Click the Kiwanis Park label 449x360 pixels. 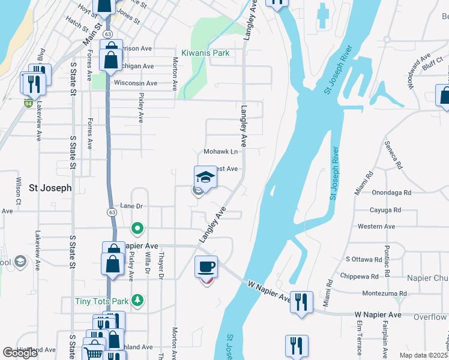tap(206, 53)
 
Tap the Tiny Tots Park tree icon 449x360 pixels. tap(137, 299)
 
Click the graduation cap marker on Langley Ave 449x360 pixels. tap(205, 177)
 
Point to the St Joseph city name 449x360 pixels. tap(50, 188)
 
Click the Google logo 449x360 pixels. tap(20, 353)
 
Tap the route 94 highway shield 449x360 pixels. tap(28, 103)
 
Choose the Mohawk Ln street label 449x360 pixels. tap(221, 152)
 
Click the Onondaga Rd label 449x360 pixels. tap(391, 193)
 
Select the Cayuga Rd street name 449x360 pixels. tap(386, 210)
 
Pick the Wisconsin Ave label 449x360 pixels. tap(135, 83)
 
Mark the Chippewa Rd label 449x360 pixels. tap(362, 277)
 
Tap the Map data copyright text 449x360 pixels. tap(424, 355)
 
